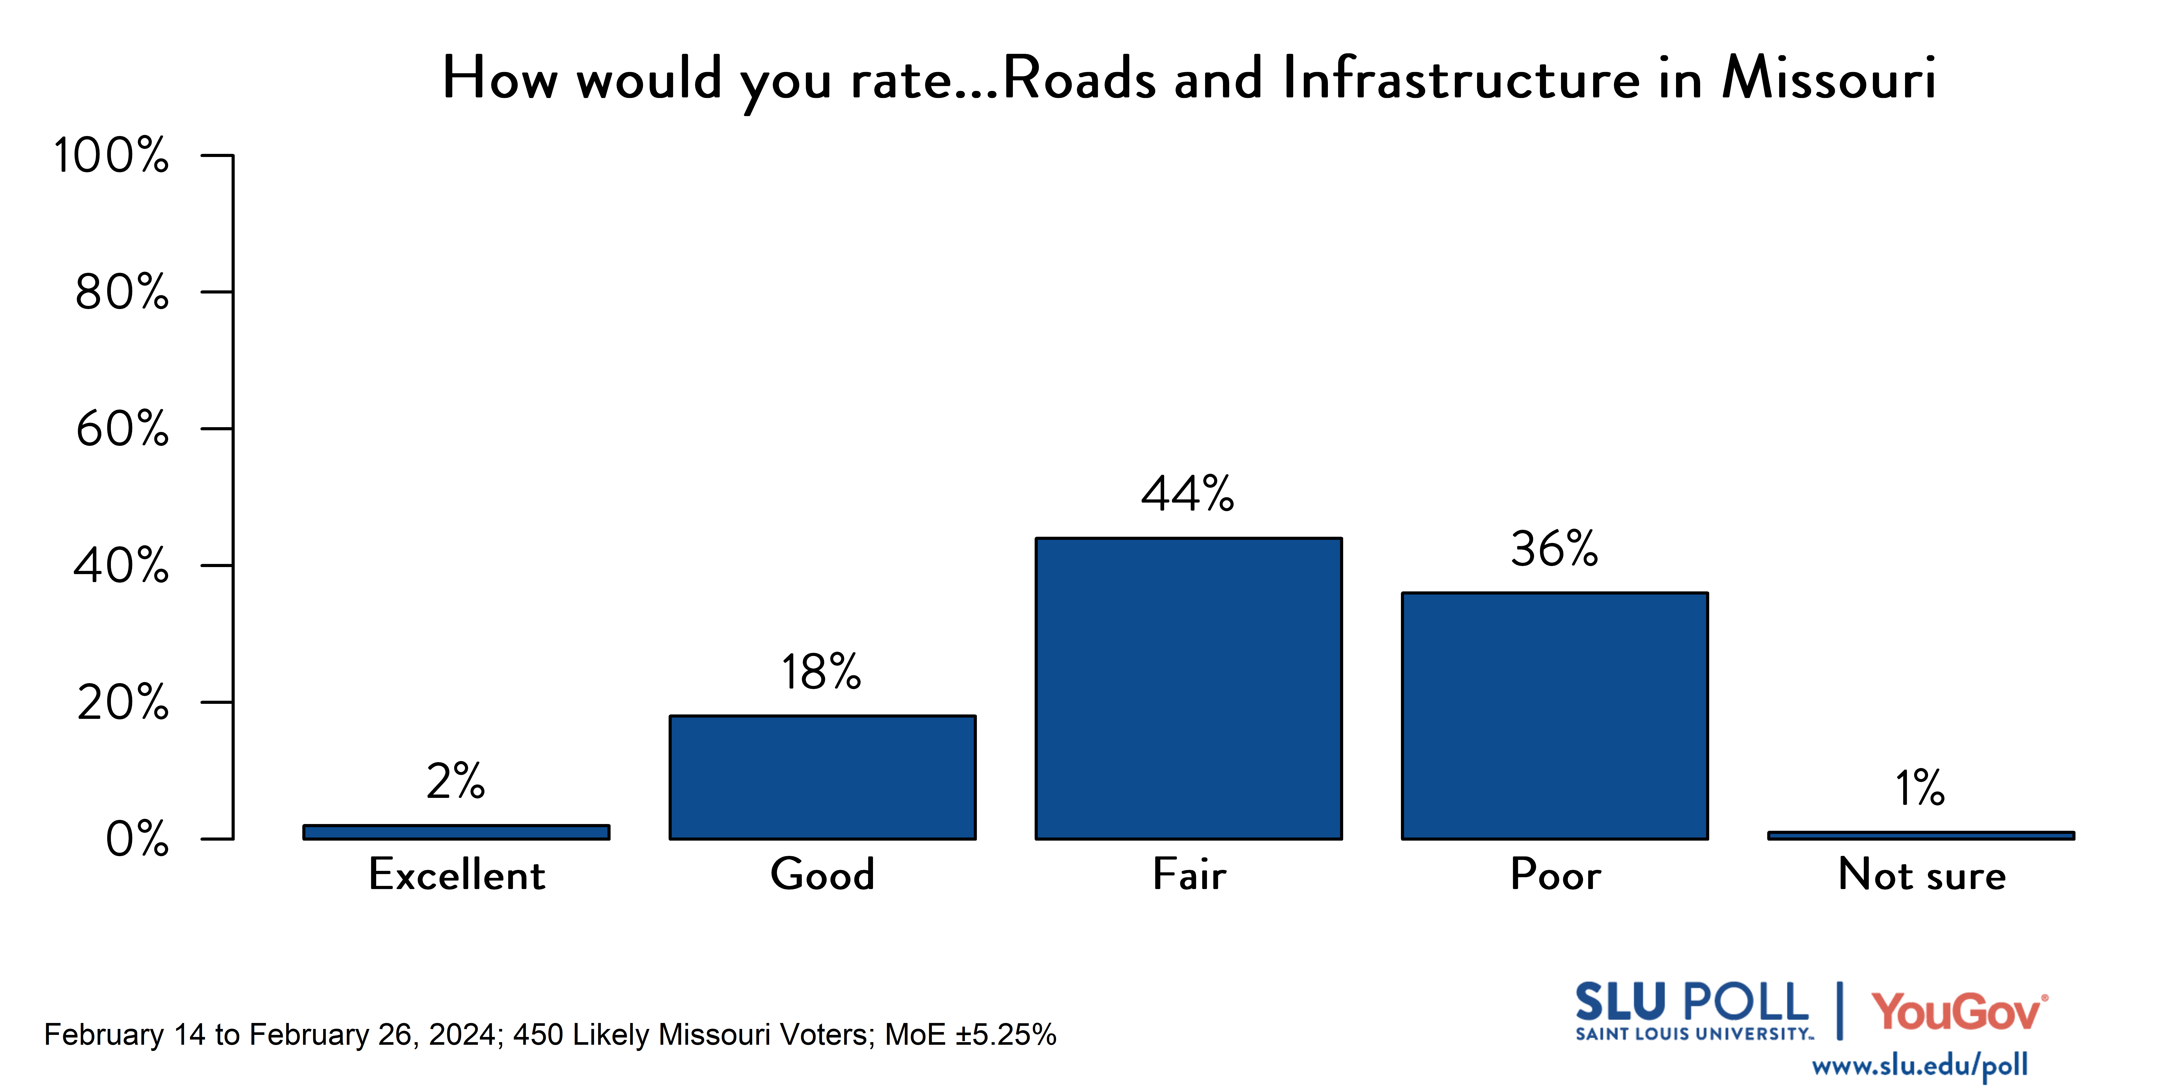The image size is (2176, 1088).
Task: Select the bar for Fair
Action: (x=1189, y=689)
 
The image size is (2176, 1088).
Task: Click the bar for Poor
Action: (x=1554, y=715)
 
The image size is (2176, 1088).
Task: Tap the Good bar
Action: (x=823, y=777)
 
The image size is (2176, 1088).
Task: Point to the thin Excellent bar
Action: (x=456, y=832)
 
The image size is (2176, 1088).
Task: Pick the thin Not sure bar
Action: (x=1921, y=835)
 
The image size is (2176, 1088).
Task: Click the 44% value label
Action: (x=1188, y=494)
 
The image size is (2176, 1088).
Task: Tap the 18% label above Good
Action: (x=821, y=672)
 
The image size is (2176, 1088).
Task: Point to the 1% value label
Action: (x=1920, y=788)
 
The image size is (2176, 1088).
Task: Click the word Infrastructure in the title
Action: (x=1461, y=78)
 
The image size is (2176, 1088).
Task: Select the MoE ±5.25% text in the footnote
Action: (x=971, y=1035)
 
